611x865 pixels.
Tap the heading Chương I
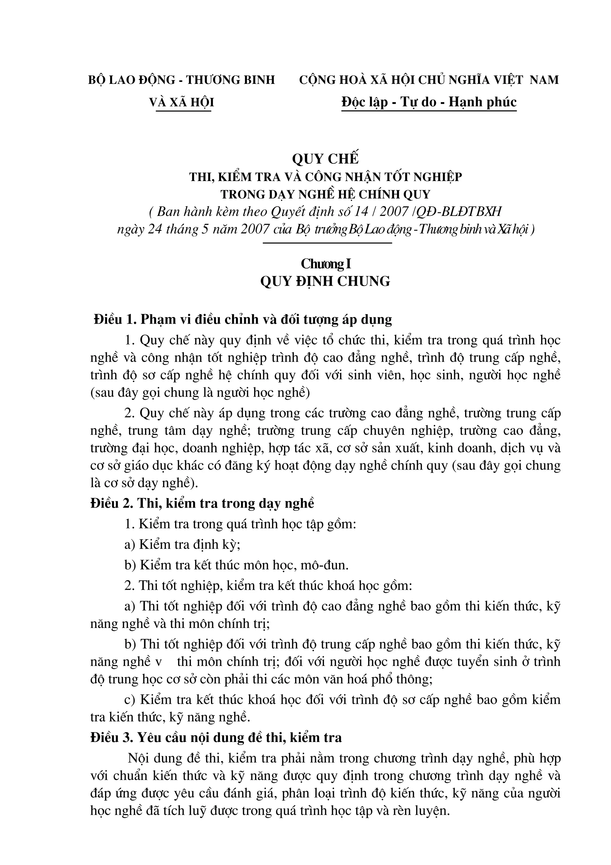[x=326, y=264]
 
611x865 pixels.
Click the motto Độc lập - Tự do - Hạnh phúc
[x=429, y=102]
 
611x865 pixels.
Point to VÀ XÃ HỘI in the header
[x=182, y=102]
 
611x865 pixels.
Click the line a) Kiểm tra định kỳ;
[x=182, y=544]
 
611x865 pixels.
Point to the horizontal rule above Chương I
[x=327, y=243]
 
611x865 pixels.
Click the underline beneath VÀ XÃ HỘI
[x=183, y=111]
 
